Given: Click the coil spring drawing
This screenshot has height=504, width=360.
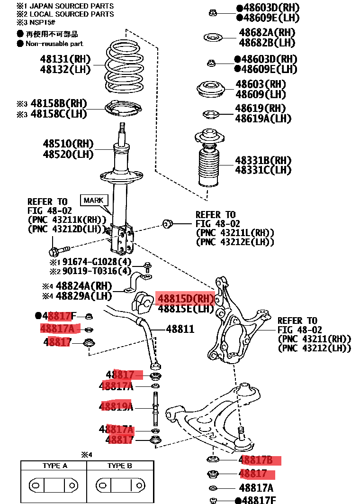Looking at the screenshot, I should pyautogui.click(x=124, y=68).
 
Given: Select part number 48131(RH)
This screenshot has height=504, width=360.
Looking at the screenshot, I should pyautogui.click(x=66, y=60).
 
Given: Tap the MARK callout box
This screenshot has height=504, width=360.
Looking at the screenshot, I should pyautogui.click(x=94, y=200).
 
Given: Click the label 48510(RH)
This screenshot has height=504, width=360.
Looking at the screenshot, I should pyautogui.click(x=68, y=144).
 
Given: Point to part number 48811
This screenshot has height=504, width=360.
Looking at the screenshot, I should pyautogui.click(x=180, y=329).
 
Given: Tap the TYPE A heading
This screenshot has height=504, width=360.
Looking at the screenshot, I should pyautogui.click(x=54, y=466).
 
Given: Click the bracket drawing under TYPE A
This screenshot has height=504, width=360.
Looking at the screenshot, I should pyautogui.click(x=53, y=485).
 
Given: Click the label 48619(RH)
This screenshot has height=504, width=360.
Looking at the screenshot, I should pyautogui.click(x=261, y=109).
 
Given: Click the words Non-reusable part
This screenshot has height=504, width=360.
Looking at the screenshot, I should pyautogui.click(x=54, y=44).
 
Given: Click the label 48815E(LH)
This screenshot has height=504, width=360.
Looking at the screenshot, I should pyautogui.click(x=186, y=309).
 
